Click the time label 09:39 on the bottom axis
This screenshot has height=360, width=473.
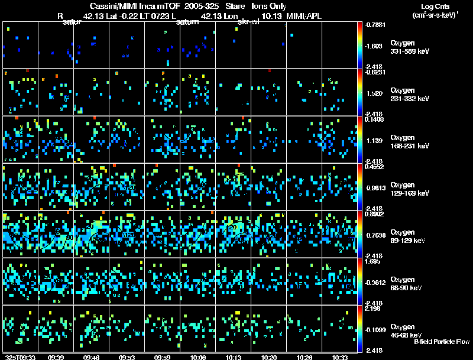click(x=56, y=357)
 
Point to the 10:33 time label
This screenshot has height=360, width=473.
click(x=340, y=357)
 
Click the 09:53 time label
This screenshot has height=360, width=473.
click(x=127, y=357)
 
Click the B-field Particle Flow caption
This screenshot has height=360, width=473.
click(x=441, y=342)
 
